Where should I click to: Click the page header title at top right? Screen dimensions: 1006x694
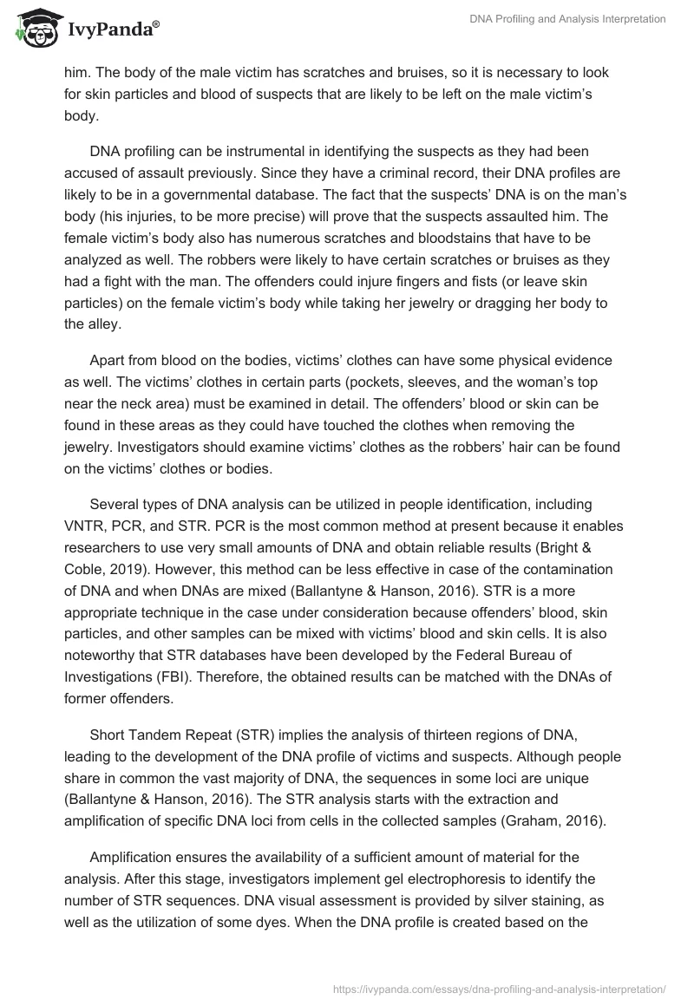566,19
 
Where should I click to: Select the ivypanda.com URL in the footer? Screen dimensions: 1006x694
499,987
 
